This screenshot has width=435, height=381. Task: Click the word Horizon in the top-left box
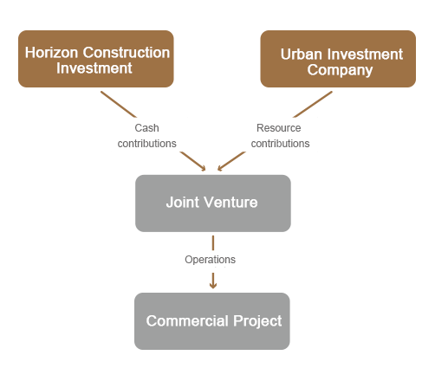51,53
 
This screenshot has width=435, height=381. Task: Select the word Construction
127,53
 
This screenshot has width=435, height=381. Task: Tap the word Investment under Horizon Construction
94,68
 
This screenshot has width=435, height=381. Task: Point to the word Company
340,70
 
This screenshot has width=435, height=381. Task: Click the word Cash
146,128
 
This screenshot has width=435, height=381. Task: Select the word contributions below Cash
146,144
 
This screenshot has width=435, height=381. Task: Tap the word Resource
279,128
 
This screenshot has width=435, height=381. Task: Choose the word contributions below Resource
280,144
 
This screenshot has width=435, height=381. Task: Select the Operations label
211,260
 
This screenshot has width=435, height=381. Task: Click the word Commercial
187,320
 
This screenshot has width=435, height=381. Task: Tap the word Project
257,321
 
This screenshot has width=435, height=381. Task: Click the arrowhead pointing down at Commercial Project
213,286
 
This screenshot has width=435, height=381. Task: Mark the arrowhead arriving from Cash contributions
203,168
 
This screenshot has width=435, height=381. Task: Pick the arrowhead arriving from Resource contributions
220,168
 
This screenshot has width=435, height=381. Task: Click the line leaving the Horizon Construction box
119,104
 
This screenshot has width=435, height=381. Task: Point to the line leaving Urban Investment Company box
313,104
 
